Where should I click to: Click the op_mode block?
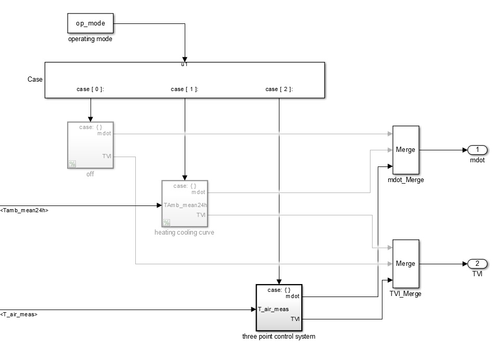tap(90, 23)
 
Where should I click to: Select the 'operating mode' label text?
tap(90, 39)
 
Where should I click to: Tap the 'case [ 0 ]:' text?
tap(90, 89)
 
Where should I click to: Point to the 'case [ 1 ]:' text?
tap(184, 89)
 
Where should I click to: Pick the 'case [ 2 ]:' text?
tap(279, 89)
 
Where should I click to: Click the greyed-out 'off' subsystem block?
tap(90, 145)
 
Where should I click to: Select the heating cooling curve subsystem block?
tap(184, 203)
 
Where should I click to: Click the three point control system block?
tap(278, 307)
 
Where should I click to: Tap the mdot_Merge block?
tap(405, 150)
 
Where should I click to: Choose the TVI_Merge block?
tap(405, 264)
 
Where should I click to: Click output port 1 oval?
tap(477, 150)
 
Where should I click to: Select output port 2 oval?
tap(477, 263)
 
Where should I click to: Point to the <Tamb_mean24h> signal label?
tap(24, 211)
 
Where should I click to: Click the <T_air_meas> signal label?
tap(19, 314)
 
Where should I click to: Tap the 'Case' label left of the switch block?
tap(35, 80)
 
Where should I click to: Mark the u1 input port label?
tap(184, 65)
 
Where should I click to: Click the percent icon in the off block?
tap(72, 164)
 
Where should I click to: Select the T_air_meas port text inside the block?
tap(273, 309)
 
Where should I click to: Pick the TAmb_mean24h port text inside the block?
tap(185, 205)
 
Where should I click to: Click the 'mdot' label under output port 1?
tap(477, 160)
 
